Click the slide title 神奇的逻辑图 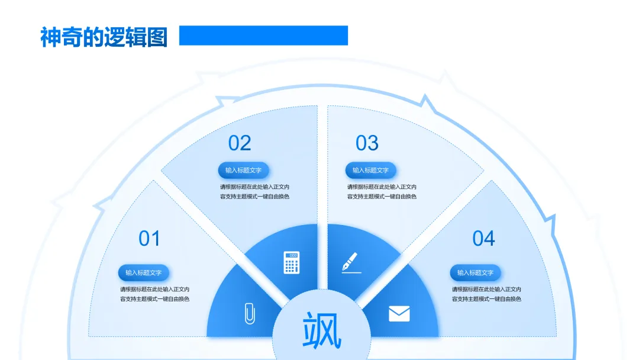point(104,37)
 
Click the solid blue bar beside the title point(263,36)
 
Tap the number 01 point(149,239)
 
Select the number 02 point(240,143)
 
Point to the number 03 point(367,143)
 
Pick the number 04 point(483,239)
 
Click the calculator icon point(291,262)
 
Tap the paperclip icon point(250,313)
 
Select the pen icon point(350,262)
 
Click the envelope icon point(399,313)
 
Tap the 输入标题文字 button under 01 point(144,273)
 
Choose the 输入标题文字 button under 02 point(244,171)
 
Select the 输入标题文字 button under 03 point(371,171)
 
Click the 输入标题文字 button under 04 point(476,273)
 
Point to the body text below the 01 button point(154,294)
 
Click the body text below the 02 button point(254,192)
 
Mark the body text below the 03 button point(382,192)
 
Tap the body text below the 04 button point(486,294)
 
